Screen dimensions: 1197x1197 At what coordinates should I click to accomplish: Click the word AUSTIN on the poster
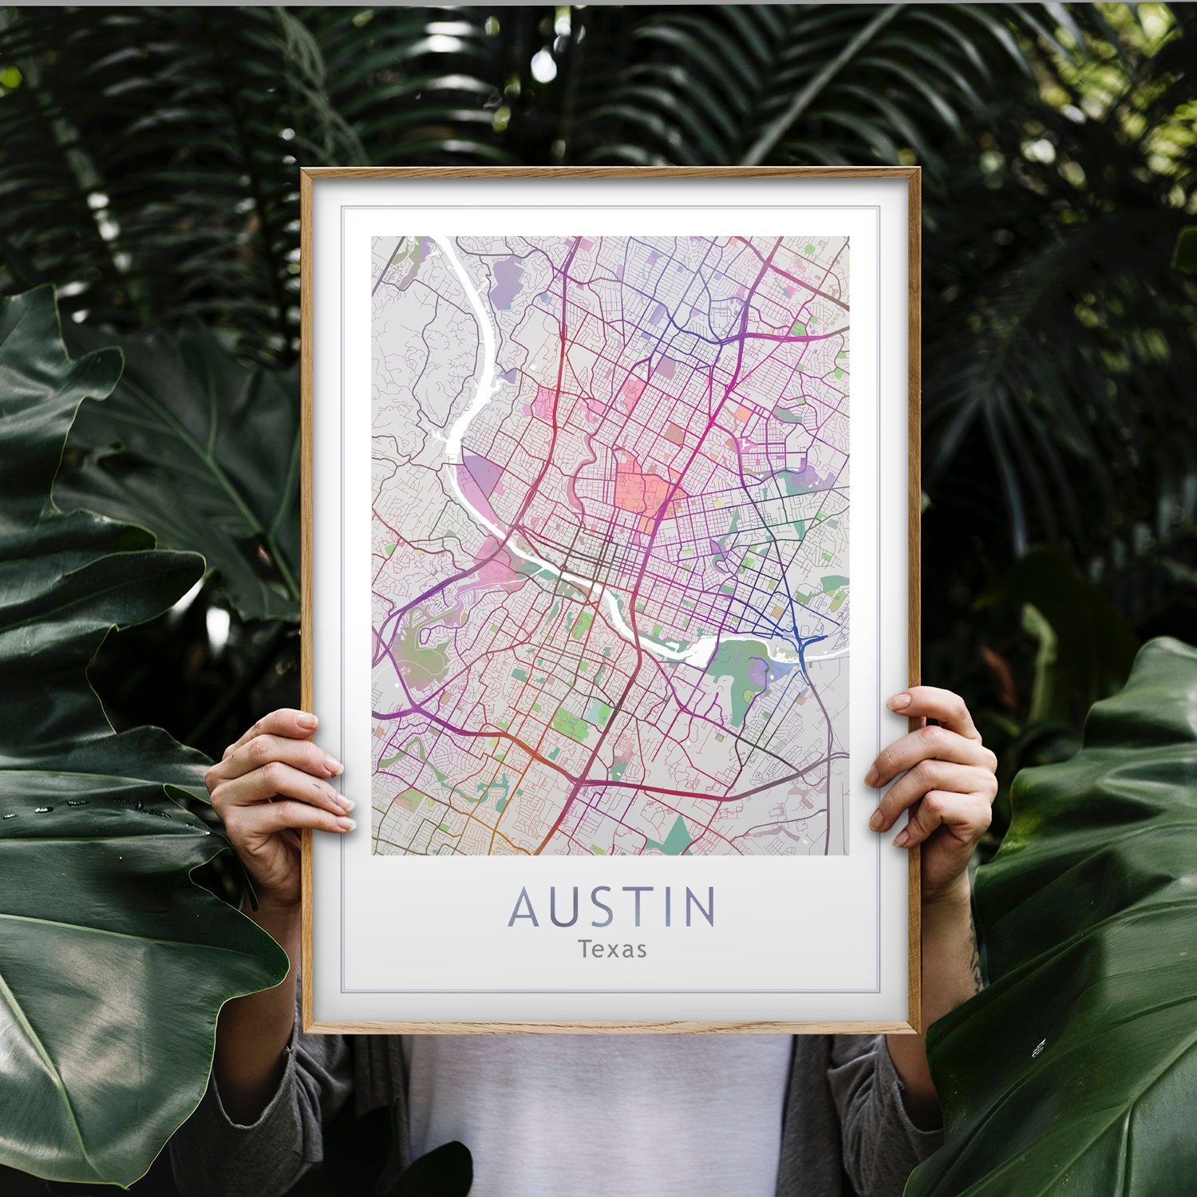[612, 907]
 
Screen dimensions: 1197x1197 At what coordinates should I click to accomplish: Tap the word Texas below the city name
[612, 950]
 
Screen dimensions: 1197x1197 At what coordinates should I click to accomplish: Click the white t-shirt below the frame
[598, 1117]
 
